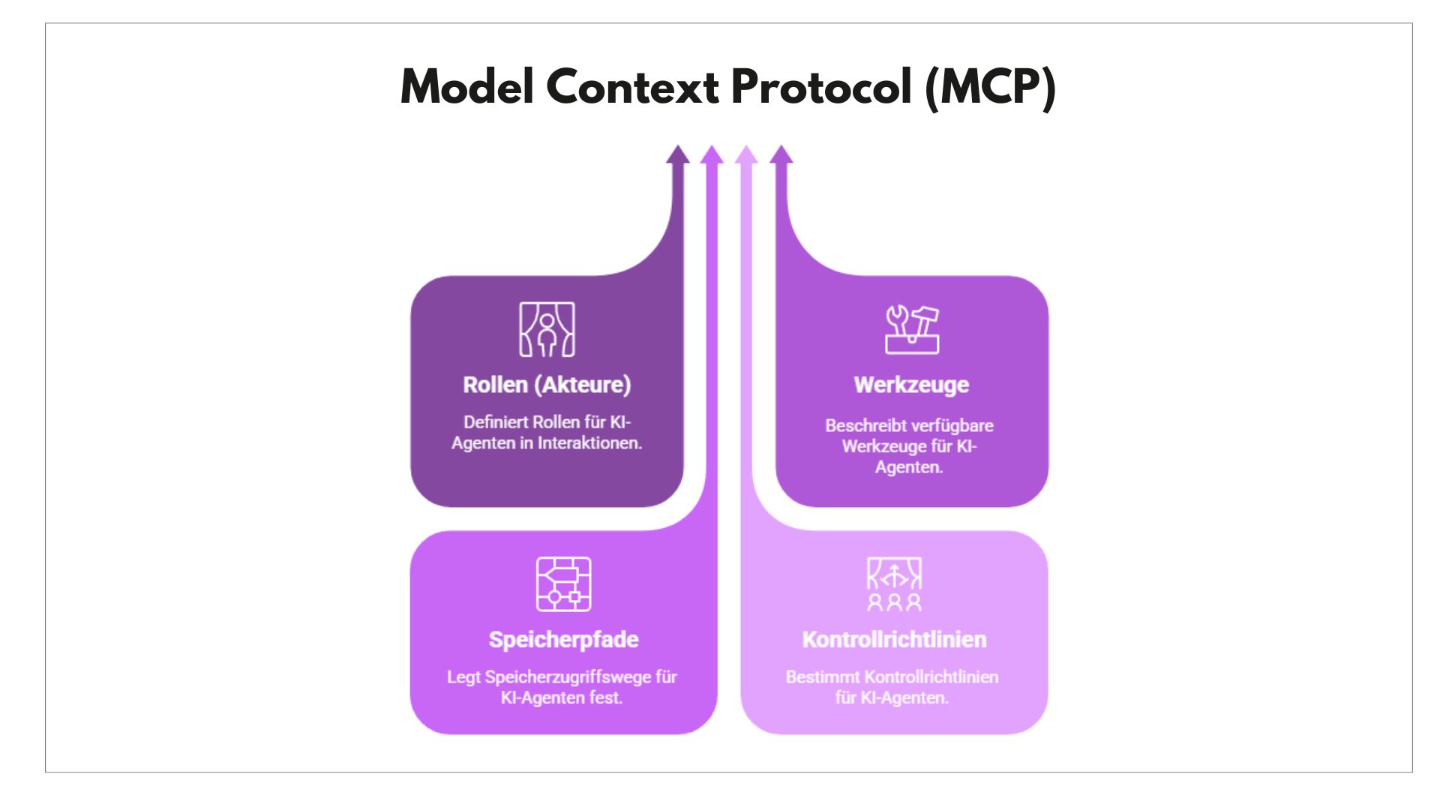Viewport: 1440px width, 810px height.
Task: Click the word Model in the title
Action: pyautogui.click(x=466, y=87)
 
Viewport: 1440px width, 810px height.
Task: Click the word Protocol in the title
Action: pyautogui.click(x=820, y=87)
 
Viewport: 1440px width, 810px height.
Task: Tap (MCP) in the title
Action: pyautogui.click(x=990, y=87)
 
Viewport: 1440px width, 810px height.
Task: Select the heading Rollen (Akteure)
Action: pyautogui.click(x=547, y=385)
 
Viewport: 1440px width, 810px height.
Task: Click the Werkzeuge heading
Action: pyautogui.click(x=911, y=385)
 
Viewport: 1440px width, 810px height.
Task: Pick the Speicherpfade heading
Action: pyautogui.click(x=563, y=640)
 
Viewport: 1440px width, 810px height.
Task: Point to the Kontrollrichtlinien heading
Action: pyautogui.click(x=894, y=640)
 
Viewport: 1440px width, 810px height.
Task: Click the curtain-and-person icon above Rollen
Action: pyautogui.click(x=547, y=329)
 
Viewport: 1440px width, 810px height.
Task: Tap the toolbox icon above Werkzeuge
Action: pyautogui.click(x=911, y=329)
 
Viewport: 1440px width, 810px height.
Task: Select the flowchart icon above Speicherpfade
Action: pyautogui.click(x=563, y=584)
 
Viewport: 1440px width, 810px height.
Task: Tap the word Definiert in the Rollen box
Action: pyautogui.click(x=495, y=422)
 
